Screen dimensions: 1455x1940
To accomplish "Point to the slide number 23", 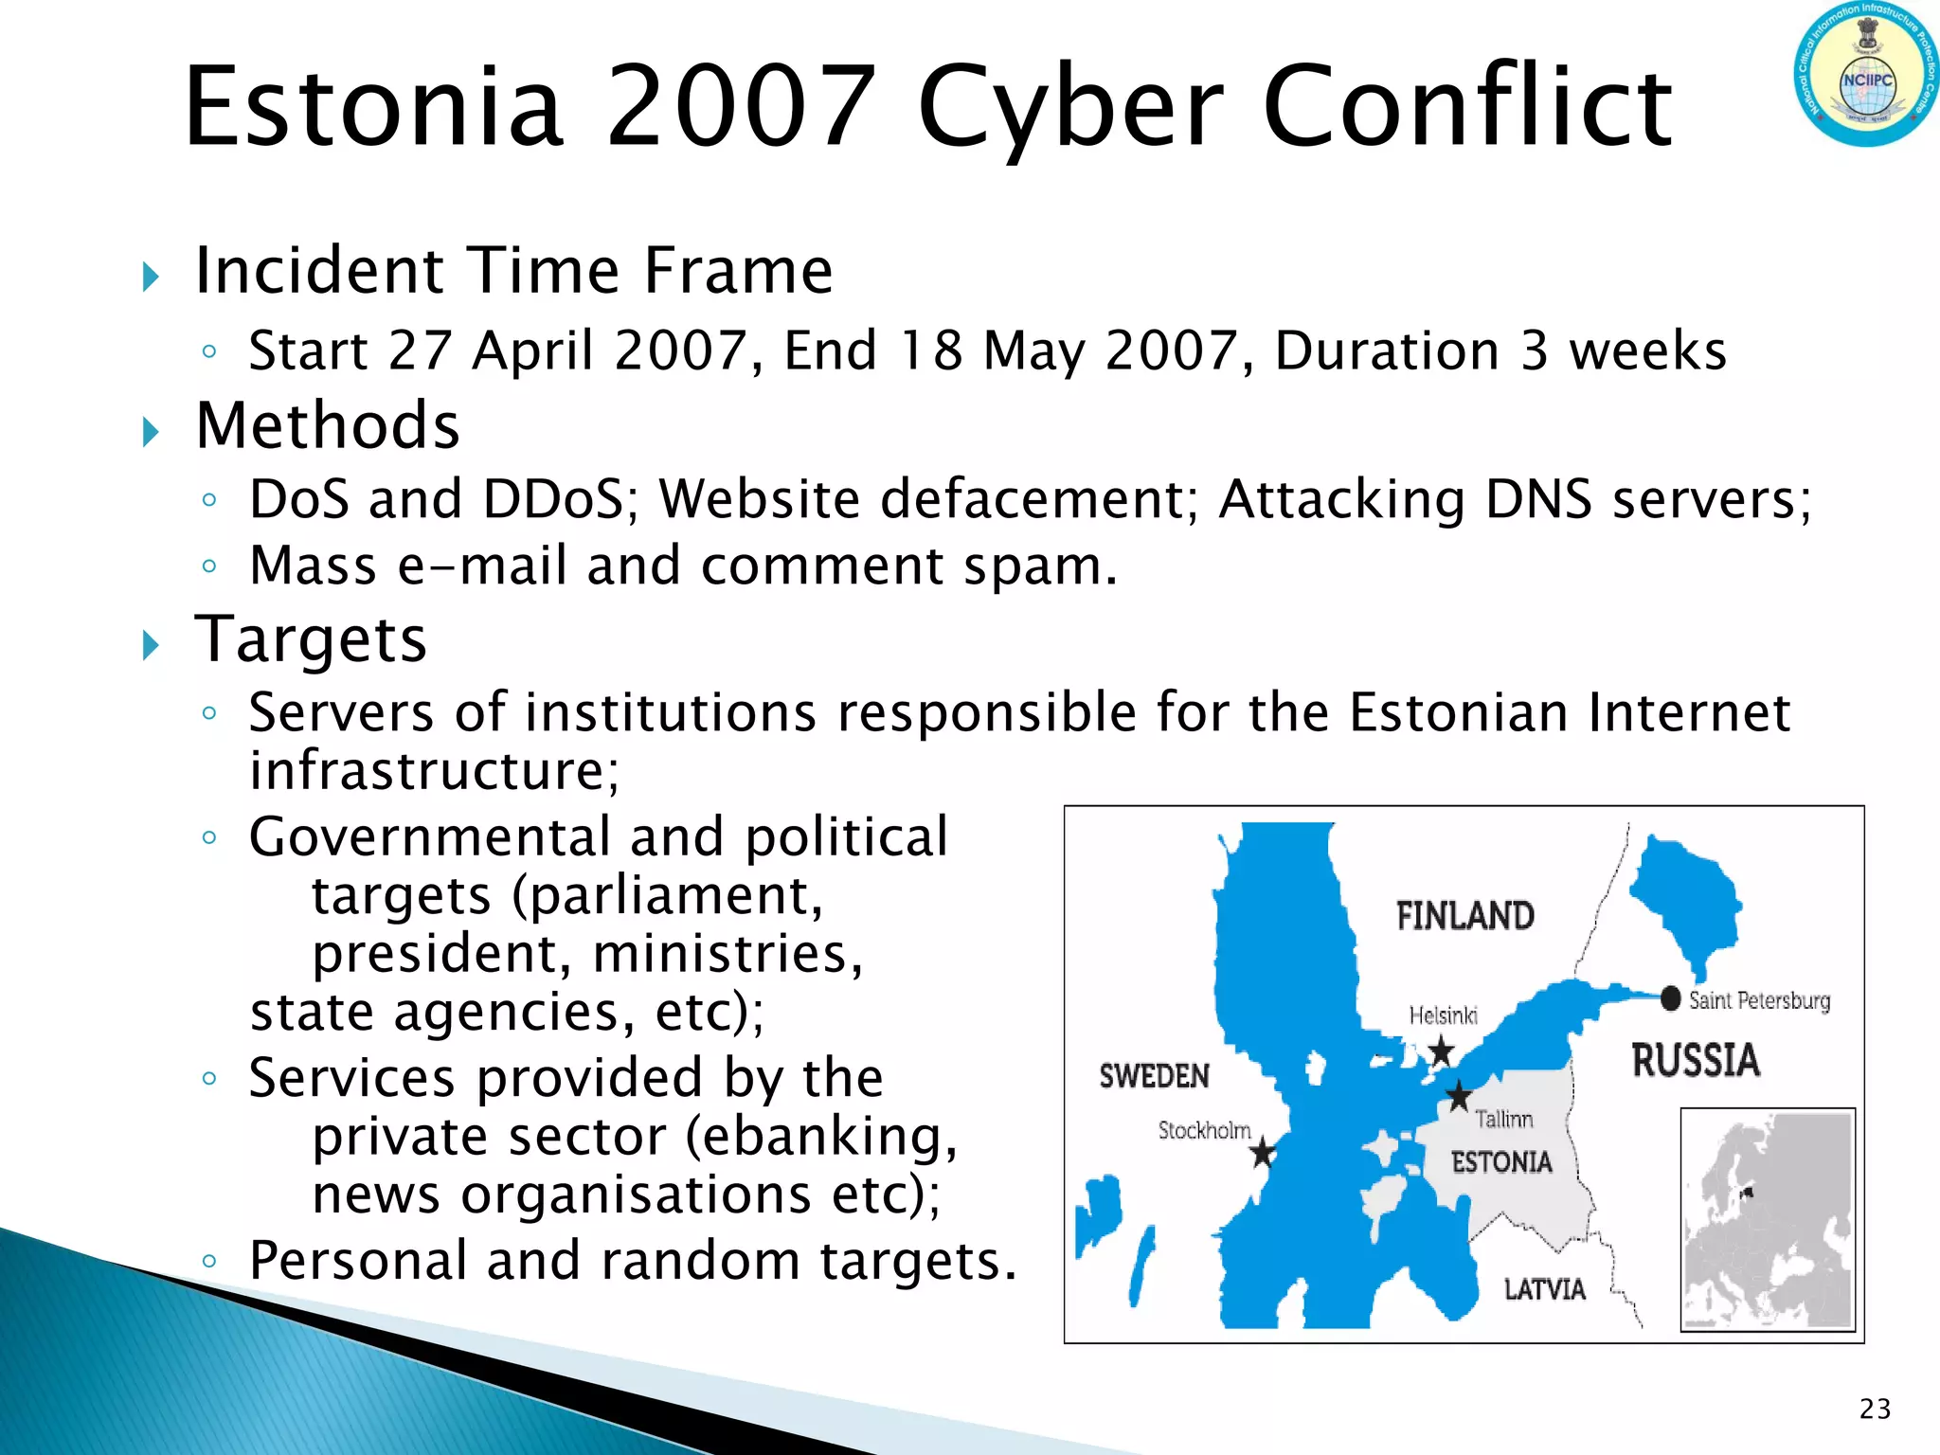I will pyautogui.click(x=1875, y=1410).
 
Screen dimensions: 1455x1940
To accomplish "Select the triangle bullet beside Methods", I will pyautogui.click(x=151, y=432).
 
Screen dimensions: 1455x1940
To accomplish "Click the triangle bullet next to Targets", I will pyautogui.click(x=151, y=646).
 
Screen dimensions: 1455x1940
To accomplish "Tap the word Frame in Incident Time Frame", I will pyautogui.click(x=738, y=271).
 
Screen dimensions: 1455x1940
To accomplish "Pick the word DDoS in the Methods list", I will pyautogui.click(x=560, y=499).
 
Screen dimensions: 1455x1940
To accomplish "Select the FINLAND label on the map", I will pyautogui.click(x=1464, y=916).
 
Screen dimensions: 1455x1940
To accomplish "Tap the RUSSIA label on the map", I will pyautogui.click(x=1696, y=1060).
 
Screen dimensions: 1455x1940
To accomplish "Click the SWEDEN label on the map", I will pyautogui.click(x=1154, y=1076).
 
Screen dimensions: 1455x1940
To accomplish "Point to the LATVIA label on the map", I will pyautogui.click(x=1544, y=1289).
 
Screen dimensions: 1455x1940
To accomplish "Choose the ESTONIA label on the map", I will pyautogui.click(x=1501, y=1162).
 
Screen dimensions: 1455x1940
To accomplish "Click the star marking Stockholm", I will pyautogui.click(x=1263, y=1153).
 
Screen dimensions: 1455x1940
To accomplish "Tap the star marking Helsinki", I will pyautogui.click(x=1441, y=1051).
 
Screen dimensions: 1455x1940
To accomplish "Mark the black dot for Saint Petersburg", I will pyautogui.click(x=1671, y=998).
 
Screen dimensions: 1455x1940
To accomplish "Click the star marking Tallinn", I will pyautogui.click(x=1459, y=1096).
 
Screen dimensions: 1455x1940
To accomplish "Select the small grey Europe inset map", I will pyautogui.click(x=1768, y=1219).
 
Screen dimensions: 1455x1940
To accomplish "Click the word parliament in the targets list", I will pyautogui.click(x=657, y=895).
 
